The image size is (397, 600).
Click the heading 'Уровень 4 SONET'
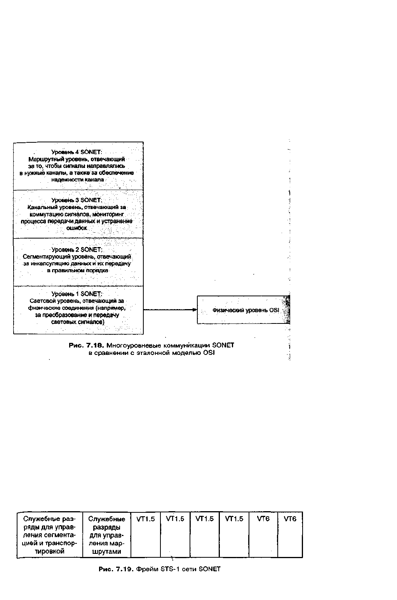coord(77,152)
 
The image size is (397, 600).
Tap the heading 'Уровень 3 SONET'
coord(77,200)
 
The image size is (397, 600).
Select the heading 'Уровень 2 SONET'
coord(77,250)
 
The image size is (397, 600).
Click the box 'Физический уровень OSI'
coord(244,310)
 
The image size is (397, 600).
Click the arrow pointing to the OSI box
coord(170,310)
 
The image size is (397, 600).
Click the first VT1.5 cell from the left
coord(146,534)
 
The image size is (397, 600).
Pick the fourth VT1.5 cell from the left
coord(234,534)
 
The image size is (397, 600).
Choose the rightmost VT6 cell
coord(290,534)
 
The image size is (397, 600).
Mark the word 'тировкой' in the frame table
coord(50,551)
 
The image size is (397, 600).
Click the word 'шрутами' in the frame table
coord(106,552)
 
